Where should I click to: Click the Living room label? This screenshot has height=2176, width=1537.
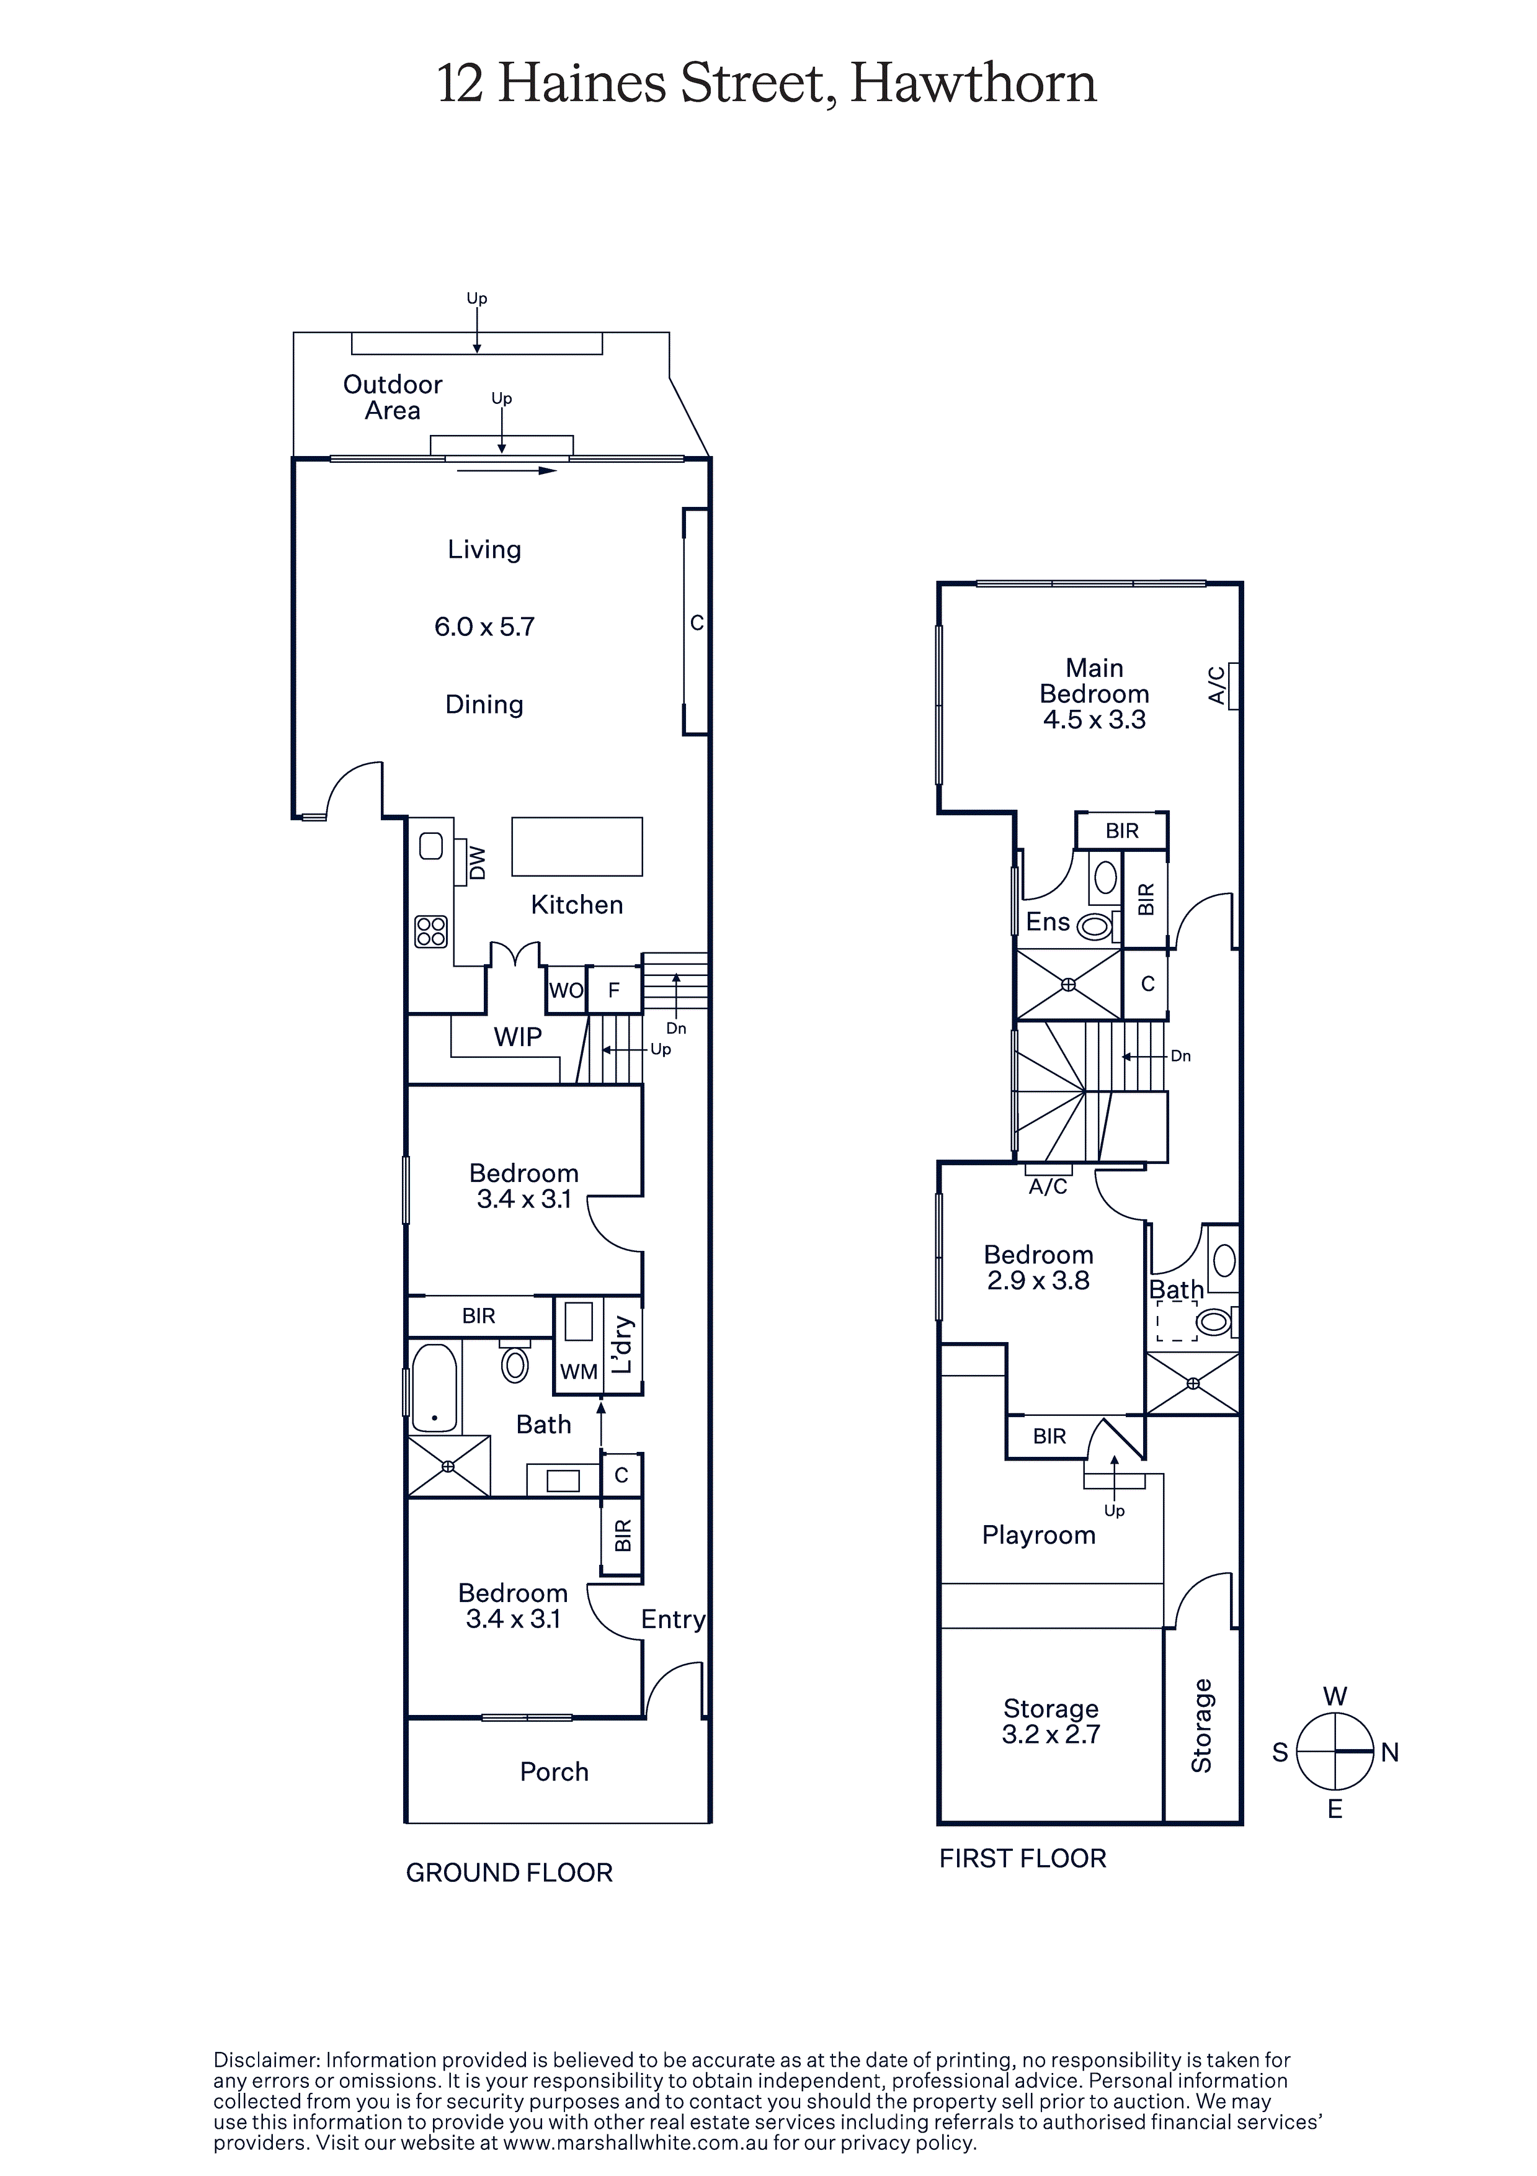click(484, 550)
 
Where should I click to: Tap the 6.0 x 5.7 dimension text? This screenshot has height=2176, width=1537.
click(484, 627)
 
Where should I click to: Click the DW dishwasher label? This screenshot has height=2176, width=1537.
click(478, 863)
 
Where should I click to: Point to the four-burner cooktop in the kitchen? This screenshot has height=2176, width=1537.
click(431, 931)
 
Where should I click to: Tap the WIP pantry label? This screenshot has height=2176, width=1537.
click(517, 1037)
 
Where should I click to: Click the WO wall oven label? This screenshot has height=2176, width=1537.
click(567, 990)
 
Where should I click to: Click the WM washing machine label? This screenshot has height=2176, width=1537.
click(579, 1371)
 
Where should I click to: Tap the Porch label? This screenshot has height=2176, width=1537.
click(555, 1772)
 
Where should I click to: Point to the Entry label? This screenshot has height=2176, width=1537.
click(674, 1619)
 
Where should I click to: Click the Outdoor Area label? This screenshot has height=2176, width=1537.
click(392, 397)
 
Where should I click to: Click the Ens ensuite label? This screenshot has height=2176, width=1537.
click(1048, 921)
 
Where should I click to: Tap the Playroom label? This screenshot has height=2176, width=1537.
click(1038, 1535)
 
